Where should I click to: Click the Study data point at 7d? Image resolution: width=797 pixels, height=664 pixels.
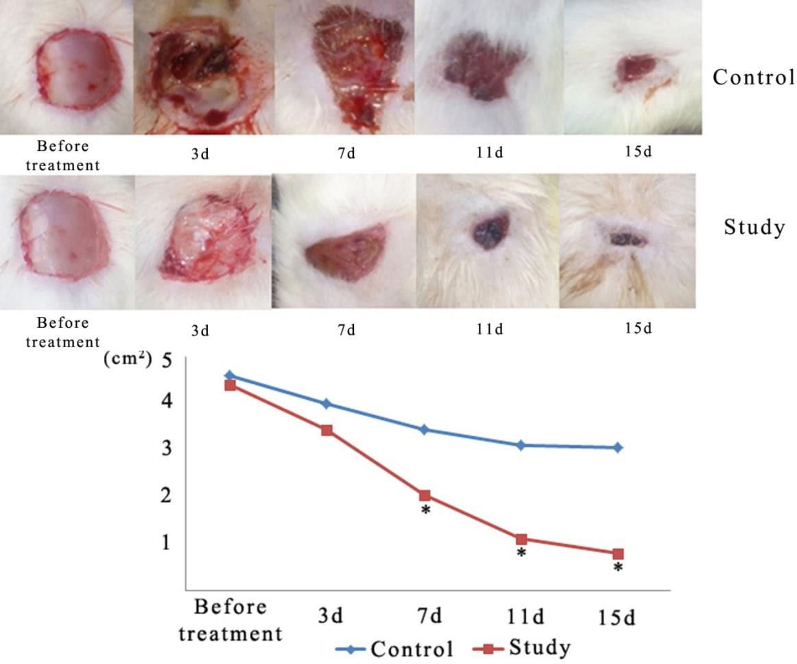425,495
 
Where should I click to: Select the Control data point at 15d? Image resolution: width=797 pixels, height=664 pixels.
618,447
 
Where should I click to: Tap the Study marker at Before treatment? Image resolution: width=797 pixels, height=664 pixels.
230,386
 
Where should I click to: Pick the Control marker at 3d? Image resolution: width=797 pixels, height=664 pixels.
327,403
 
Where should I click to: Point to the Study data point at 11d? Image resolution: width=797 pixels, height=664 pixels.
521,539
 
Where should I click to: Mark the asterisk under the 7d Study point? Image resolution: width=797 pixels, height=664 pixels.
425,511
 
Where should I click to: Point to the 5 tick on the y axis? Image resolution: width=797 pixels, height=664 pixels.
165,360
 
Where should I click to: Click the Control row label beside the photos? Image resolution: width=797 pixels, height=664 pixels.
753,77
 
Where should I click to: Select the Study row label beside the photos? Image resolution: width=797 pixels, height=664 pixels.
754,227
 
